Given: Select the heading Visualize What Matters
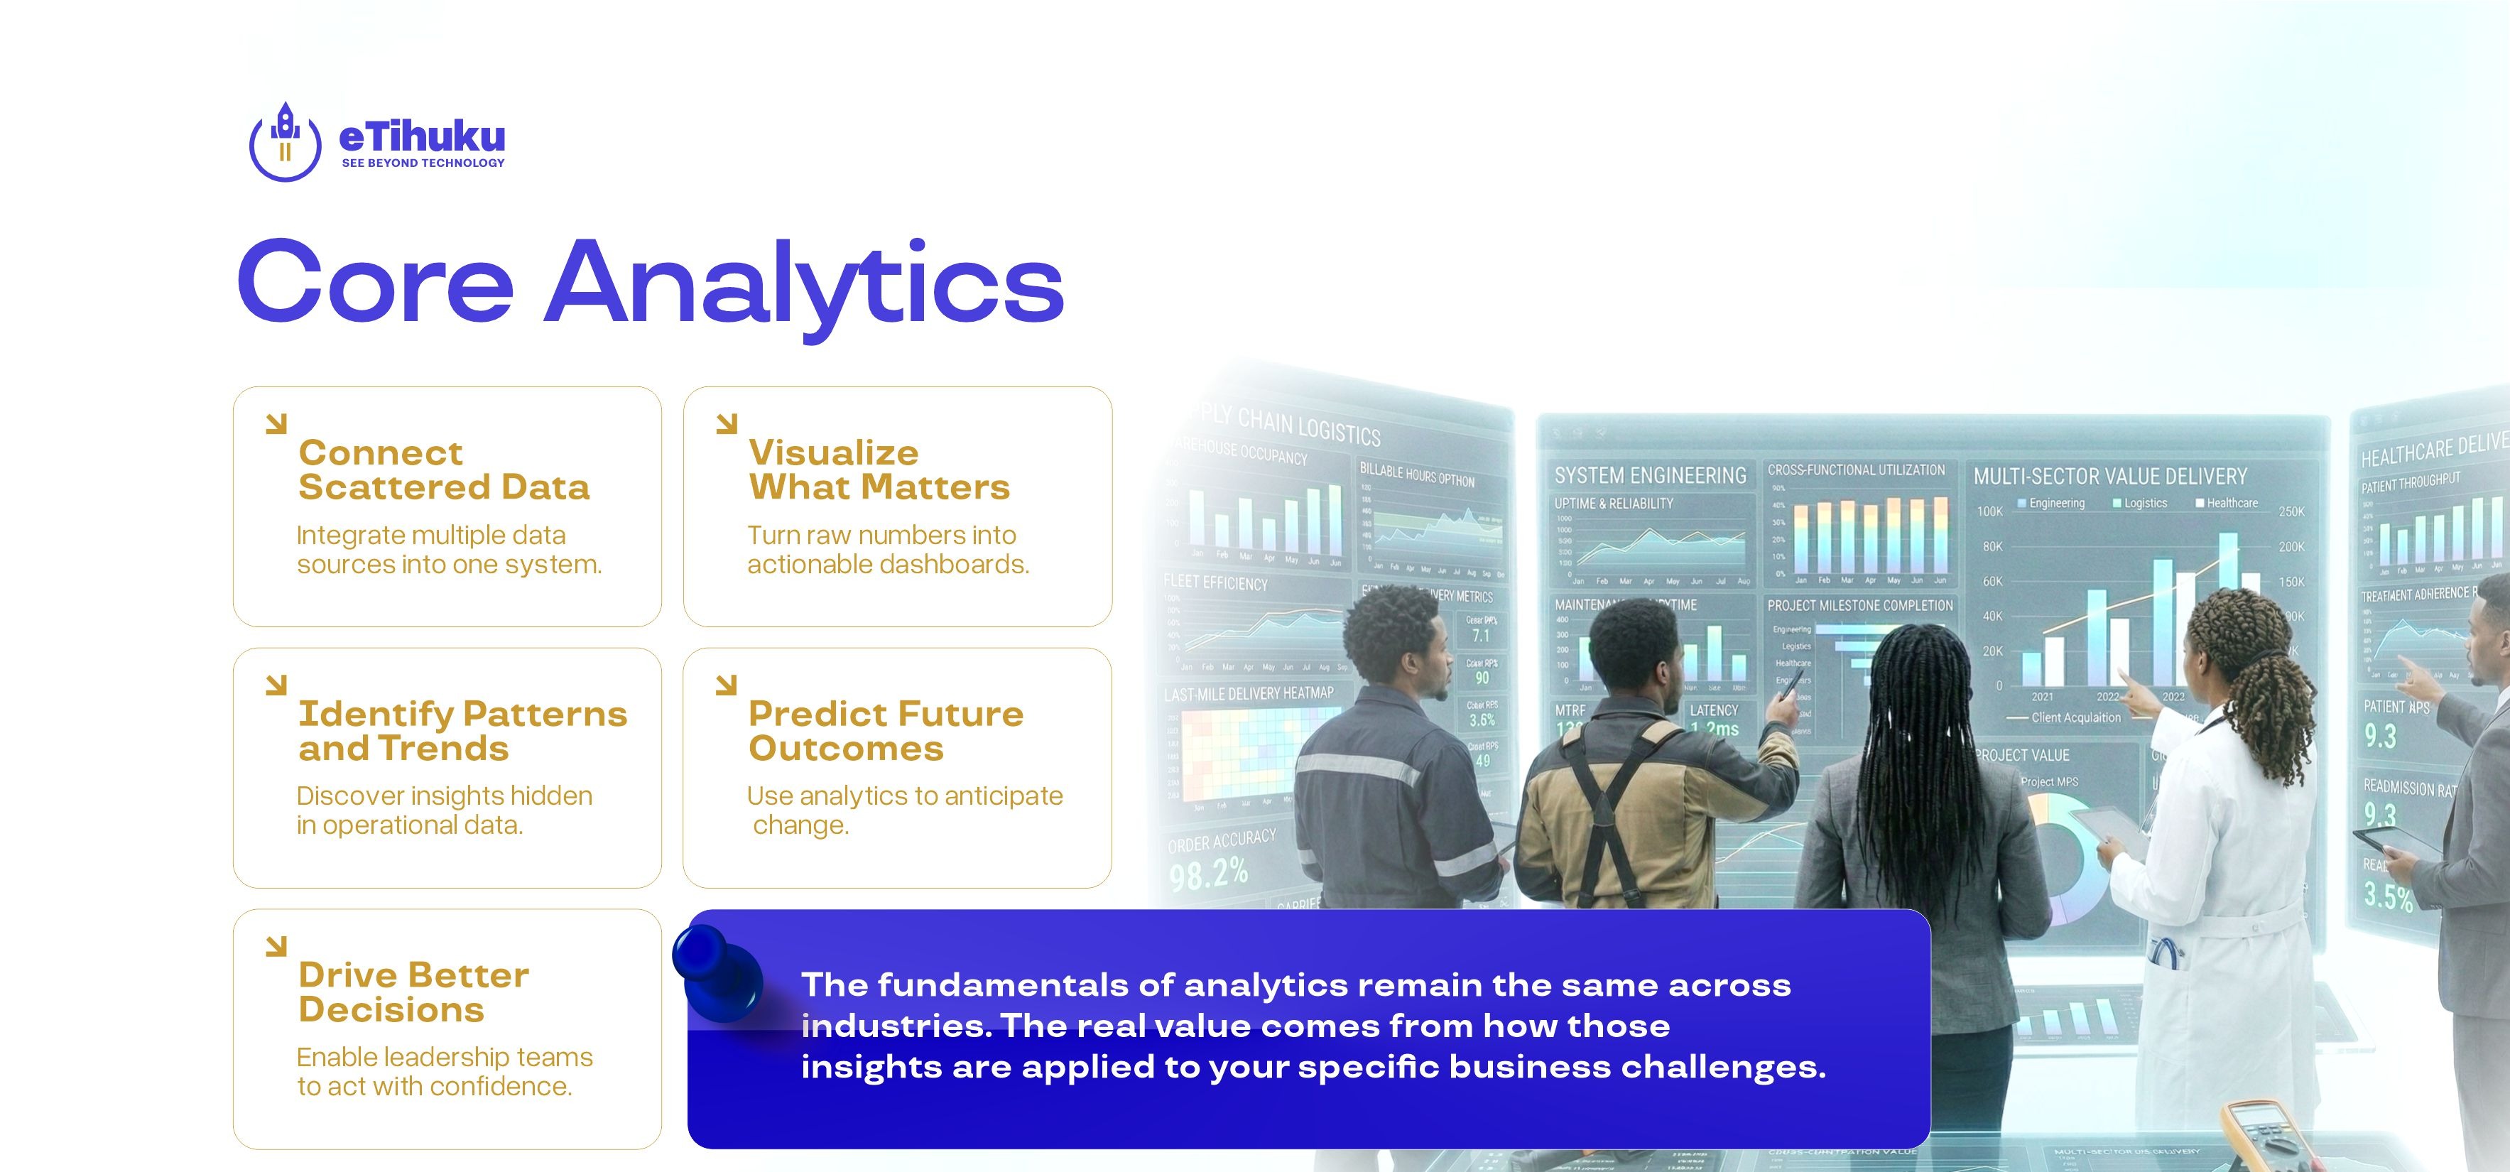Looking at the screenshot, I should tap(878, 470).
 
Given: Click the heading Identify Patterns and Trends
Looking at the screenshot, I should tap(462, 731).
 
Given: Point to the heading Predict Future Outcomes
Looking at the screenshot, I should tap(885, 731).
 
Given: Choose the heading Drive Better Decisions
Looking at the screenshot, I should tap(413, 992).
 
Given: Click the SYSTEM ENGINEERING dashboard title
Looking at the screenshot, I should tap(1650, 475).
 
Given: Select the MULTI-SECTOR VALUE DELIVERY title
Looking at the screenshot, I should tap(2109, 477).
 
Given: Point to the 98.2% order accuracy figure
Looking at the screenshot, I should tap(1207, 873).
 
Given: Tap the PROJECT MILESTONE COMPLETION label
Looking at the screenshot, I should tap(1859, 605).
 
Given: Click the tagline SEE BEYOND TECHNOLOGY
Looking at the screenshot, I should tap(423, 163).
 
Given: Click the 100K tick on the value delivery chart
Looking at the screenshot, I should tap(1989, 511).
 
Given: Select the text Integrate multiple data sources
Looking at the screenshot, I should tap(448, 550).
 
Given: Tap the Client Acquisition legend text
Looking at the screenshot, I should tap(2075, 718).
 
